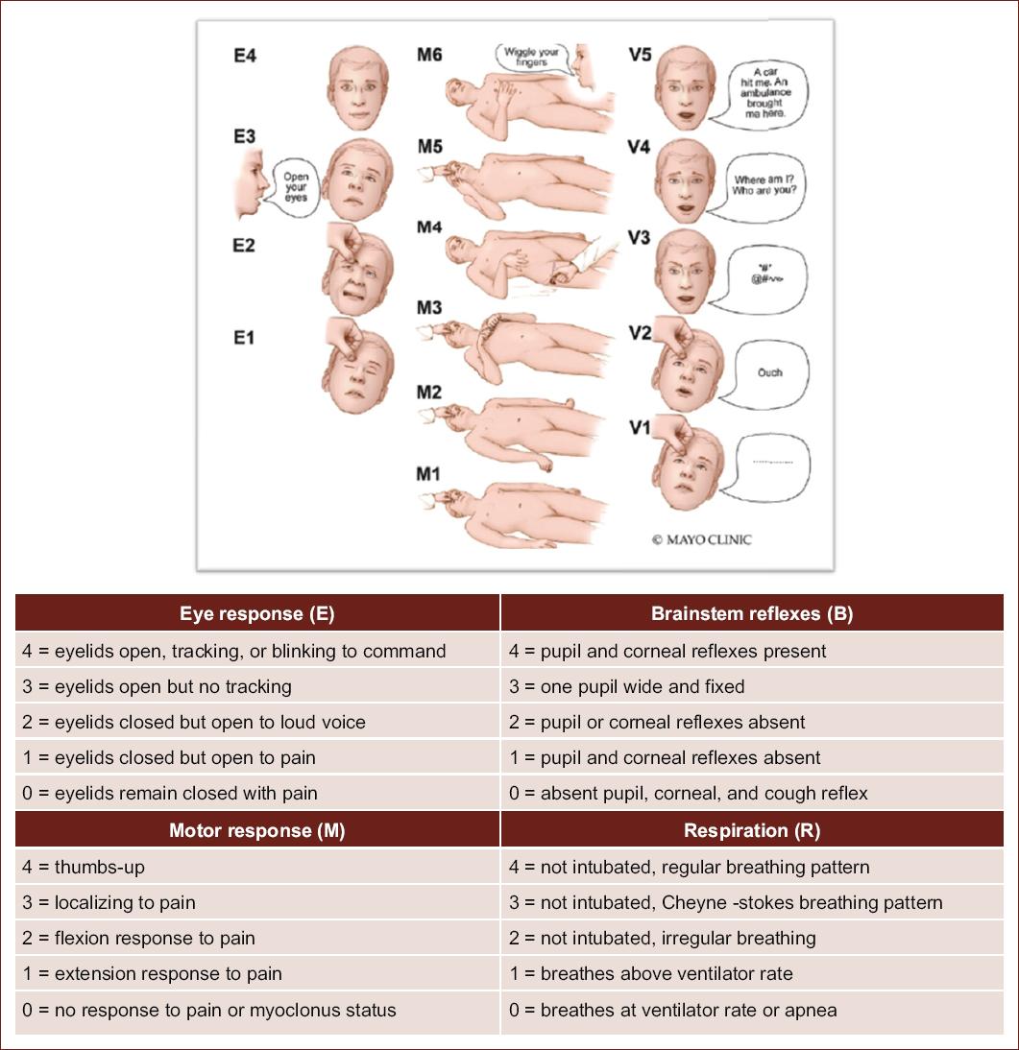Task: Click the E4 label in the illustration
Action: coord(245,56)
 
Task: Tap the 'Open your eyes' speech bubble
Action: coord(295,186)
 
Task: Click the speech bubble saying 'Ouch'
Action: coord(770,372)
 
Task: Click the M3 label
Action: coord(429,309)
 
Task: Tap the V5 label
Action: coord(640,55)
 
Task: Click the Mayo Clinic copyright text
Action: coord(701,540)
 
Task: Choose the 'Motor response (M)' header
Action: coord(257,830)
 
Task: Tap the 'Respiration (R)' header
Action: coord(752,830)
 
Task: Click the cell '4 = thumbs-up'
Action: coord(84,867)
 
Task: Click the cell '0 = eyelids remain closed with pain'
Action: coord(169,793)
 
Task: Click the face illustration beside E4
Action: coord(359,91)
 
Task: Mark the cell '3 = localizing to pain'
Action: coord(109,902)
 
